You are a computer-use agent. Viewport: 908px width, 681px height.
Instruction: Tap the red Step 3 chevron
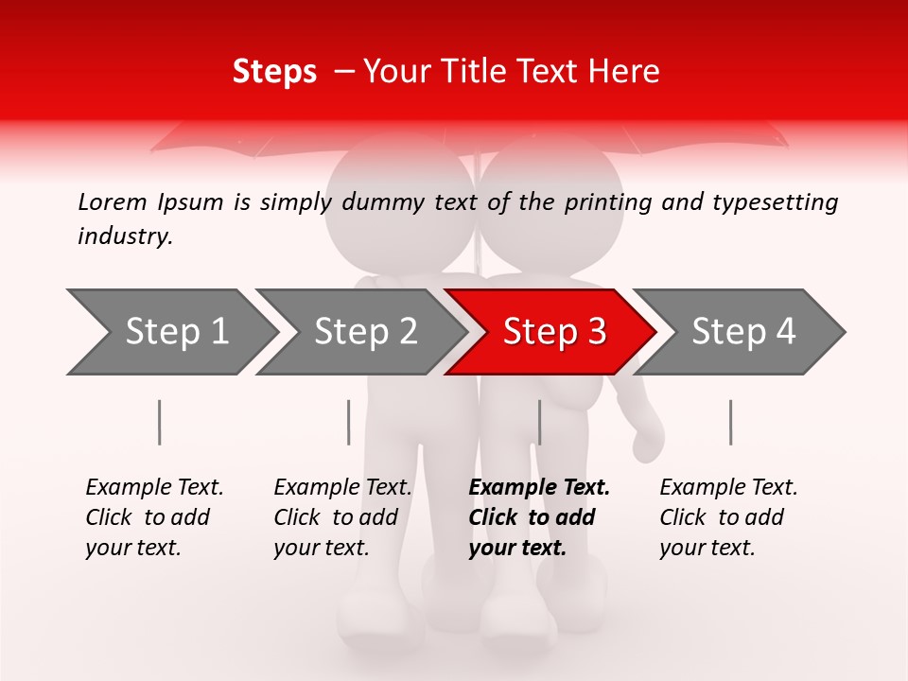tap(552, 332)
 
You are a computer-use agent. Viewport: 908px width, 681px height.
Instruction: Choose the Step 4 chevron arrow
tap(742, 332)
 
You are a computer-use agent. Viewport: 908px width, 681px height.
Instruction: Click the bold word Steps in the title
tap(274, 72)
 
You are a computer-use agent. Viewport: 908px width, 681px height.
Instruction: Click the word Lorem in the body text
tap(113, 202)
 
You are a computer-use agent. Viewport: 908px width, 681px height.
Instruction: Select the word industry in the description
tap(125, 236)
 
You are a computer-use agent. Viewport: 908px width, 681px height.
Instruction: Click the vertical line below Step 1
tap(160, 422)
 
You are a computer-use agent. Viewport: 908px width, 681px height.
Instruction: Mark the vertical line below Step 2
tap(349, 422)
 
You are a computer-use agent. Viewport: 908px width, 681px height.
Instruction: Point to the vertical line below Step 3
tap(539, 422)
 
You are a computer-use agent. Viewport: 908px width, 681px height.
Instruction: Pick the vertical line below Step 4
tap(730, 422)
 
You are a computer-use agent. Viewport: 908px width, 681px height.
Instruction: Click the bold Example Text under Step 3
tap(539, 488)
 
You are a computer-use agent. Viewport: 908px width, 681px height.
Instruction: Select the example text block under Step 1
tap(154, 517)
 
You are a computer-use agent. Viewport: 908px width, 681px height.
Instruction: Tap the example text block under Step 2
tap(342, 517)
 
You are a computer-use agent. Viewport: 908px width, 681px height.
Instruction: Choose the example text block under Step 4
tap(728, 517)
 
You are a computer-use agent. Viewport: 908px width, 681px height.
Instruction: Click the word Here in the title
tap(626, 72)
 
